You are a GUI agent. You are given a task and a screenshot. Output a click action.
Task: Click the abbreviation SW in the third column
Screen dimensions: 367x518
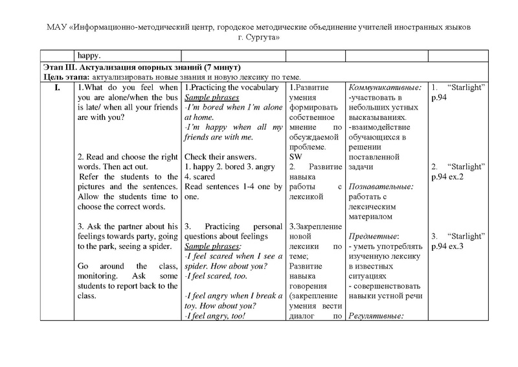(294, 157)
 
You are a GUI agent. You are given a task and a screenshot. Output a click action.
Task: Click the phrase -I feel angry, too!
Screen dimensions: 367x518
(218, 316)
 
